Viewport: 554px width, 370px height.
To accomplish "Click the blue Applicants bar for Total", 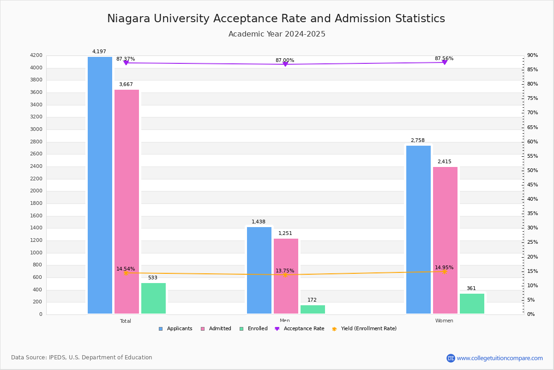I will coord(100,185).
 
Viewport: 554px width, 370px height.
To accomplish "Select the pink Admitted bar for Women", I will coord(445,240).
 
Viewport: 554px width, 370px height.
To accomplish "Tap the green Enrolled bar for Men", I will coord(313,309).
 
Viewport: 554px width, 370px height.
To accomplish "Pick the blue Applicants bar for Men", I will coord(259,271).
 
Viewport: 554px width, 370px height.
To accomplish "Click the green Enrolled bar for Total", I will coord(153,298).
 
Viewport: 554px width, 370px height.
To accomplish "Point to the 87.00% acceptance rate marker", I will coord(285,64).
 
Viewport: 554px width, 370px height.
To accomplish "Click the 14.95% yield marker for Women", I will coord(444,271).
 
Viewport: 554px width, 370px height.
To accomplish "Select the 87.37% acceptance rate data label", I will coord(126,59).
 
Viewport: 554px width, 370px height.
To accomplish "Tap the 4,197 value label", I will coord(99,51).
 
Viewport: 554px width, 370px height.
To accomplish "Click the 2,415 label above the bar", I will coord(444,162).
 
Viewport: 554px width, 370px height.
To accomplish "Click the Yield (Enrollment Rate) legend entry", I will coord(365,329).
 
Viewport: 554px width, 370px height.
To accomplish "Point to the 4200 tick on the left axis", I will coord(36,55).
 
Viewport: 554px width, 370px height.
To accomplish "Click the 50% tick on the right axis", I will coord(532,171).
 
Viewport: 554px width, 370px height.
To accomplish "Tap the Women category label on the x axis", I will coord(444,321).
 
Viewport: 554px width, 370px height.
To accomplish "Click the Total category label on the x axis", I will coord(126,321).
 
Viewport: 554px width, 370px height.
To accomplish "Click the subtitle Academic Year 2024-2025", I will coord(277,34).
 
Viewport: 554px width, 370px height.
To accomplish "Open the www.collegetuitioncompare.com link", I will coord(500,358).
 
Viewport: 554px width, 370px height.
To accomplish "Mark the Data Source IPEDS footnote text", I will coord(82,358).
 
